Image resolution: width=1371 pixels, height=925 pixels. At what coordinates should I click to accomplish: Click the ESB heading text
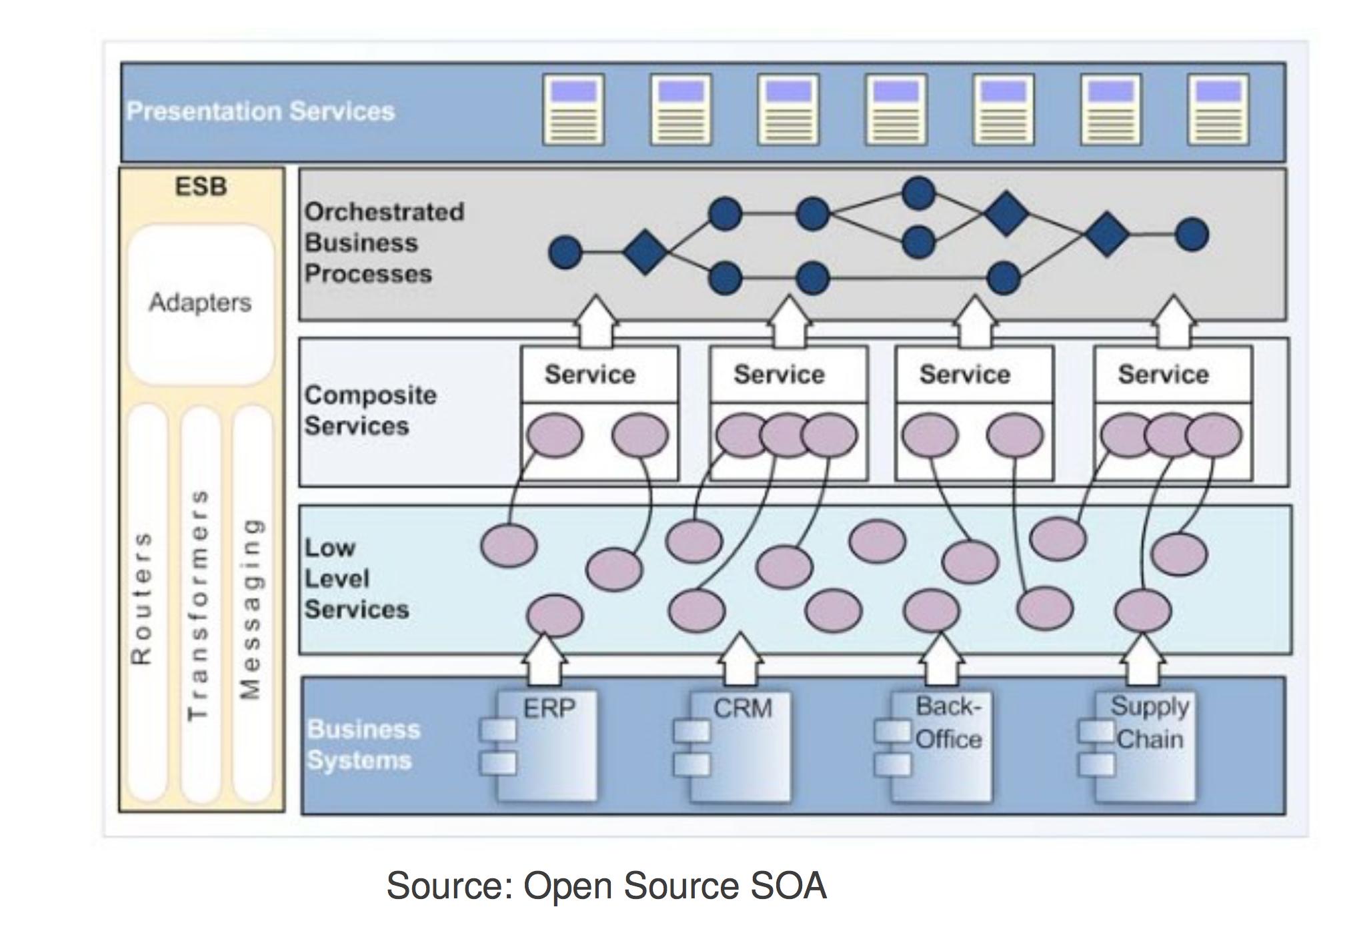coord(201,187)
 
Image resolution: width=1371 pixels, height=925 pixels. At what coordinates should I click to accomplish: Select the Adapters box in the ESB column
coord(200,303)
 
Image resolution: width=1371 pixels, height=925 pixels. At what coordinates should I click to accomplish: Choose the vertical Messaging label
coord(250,608)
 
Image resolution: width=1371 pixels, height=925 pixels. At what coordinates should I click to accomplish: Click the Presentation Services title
coord(261,111)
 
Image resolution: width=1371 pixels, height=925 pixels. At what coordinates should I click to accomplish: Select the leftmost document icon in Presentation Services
coord(573,110)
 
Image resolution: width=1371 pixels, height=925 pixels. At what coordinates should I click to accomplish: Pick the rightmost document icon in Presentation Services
coord(1218,110)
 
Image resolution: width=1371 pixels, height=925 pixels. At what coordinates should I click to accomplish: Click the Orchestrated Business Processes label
coord(384,243)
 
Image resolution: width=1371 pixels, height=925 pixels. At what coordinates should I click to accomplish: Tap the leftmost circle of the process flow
coord(565,253)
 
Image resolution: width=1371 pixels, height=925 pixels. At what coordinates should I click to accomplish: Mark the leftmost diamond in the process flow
coord(645,253)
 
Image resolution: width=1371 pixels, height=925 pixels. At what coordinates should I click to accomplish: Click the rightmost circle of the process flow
coord(1192,235)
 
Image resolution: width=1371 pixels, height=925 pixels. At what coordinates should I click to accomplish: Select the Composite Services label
coord(370,411)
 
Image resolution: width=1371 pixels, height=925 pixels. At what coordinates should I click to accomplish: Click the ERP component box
coord(547,745)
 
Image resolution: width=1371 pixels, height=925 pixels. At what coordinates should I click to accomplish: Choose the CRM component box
coord(740,745)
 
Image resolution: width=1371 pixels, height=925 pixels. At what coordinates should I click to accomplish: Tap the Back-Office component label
coord(948,723)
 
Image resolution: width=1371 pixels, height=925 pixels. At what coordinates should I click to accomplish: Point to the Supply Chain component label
coord(1150,723)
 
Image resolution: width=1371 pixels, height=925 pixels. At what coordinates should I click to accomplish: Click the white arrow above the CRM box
coord(740,659)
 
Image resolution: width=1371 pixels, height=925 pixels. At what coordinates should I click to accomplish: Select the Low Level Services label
coord(356,578)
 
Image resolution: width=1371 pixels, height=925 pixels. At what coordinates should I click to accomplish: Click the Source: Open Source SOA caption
coord(606,886)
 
